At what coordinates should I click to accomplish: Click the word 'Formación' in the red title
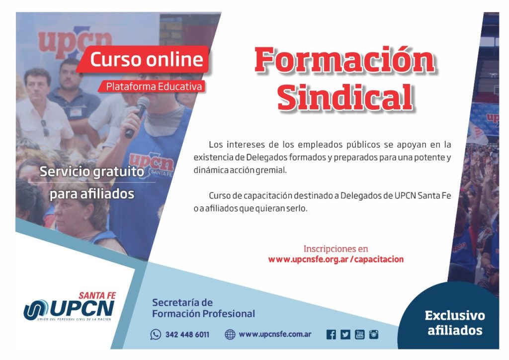(345, 60)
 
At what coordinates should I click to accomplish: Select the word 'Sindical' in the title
(345, 97)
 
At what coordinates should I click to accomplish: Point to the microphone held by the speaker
(137, 117)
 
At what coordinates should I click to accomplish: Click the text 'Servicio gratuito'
(91, 172)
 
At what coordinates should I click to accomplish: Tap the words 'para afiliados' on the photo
(91, 194)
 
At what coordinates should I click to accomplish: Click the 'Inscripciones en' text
(336, 249)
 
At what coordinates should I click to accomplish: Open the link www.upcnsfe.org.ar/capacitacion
(336, 260)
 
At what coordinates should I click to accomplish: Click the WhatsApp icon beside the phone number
(156, 334)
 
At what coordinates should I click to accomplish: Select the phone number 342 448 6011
(187, 335)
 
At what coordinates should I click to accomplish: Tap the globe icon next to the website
(230, 334)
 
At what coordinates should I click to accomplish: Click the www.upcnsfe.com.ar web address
(275, 334)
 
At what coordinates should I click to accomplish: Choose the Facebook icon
(331, 335)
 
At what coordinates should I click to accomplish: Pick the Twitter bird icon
(345, 335)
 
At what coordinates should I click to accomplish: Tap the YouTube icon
(360, 335)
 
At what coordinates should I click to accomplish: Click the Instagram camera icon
(374, 335)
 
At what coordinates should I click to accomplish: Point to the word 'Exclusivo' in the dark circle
(455, 316)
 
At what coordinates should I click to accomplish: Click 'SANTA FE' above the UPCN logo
(97, 296)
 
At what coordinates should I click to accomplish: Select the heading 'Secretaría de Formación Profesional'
(203, 308)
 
